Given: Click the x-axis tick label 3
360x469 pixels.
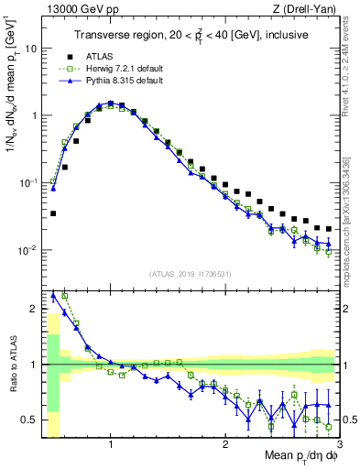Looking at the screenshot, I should coord(339,444).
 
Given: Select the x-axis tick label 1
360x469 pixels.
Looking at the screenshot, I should coord(111,444).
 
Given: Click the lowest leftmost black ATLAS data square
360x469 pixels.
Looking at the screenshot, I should coord(53,213).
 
